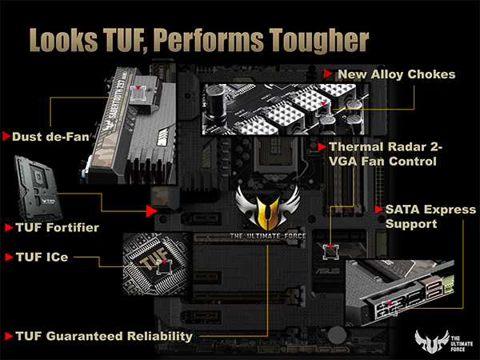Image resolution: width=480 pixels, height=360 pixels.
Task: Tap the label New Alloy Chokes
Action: (396, 74)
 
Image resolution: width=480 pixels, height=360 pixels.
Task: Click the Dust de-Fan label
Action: (50, 137)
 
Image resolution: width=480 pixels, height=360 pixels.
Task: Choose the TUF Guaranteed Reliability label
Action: (105, 336)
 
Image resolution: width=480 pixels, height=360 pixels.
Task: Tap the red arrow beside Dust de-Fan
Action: (6, 137)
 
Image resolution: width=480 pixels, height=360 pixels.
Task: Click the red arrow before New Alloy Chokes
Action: (328, 74)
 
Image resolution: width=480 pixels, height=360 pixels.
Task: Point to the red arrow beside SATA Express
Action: (378, 209)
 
